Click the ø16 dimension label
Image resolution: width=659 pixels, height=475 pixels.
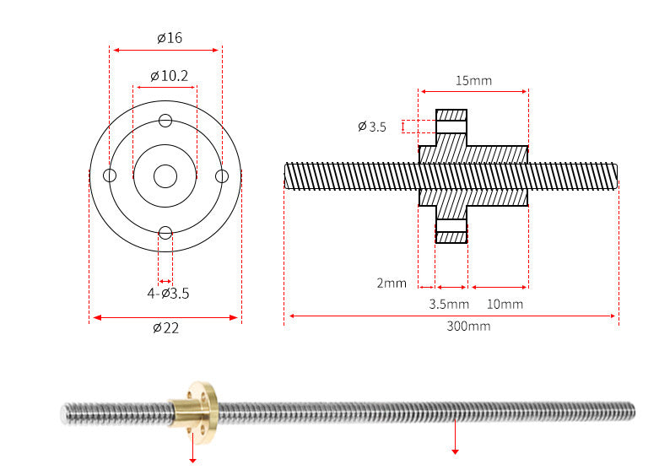pos(169,38)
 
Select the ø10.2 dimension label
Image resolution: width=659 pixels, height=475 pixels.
pos(169,76)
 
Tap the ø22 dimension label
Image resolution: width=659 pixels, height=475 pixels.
pos(165,328)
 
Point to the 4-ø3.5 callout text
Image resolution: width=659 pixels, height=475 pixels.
pos(168,294)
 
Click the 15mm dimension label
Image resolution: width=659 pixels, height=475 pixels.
pos(473,81)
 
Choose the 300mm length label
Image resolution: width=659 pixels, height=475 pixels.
pos(468,327)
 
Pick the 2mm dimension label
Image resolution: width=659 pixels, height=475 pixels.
pos(392,283)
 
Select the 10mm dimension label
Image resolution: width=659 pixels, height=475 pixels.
pos(505,304)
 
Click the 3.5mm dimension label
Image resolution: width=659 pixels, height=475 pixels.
pos(449,304)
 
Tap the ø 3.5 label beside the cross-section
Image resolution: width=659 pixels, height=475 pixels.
pos(371,127)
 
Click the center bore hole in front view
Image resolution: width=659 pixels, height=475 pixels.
pos(165,176)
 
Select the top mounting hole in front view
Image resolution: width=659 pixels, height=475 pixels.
pos(165,120)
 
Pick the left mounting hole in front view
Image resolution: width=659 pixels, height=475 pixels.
pos(110,175)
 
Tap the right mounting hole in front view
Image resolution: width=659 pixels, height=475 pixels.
pos(222,175)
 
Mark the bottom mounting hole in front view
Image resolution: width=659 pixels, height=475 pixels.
pos(165,233)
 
